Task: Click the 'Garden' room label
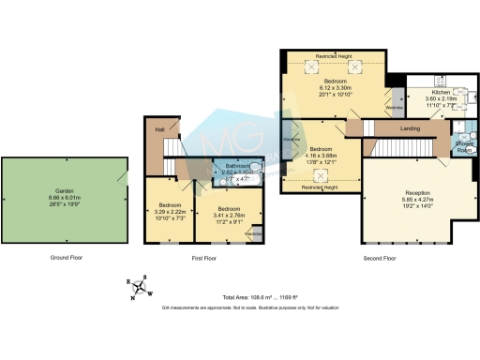[64, 190]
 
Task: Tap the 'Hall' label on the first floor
[160, 129]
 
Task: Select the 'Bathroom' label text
[224, 165]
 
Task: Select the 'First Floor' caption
[203, 257]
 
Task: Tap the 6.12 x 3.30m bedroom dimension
[333, 87]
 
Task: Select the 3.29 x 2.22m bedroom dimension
[170, 212]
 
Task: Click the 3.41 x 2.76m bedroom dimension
[230, 215]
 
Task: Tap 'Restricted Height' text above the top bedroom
[334, 57]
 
